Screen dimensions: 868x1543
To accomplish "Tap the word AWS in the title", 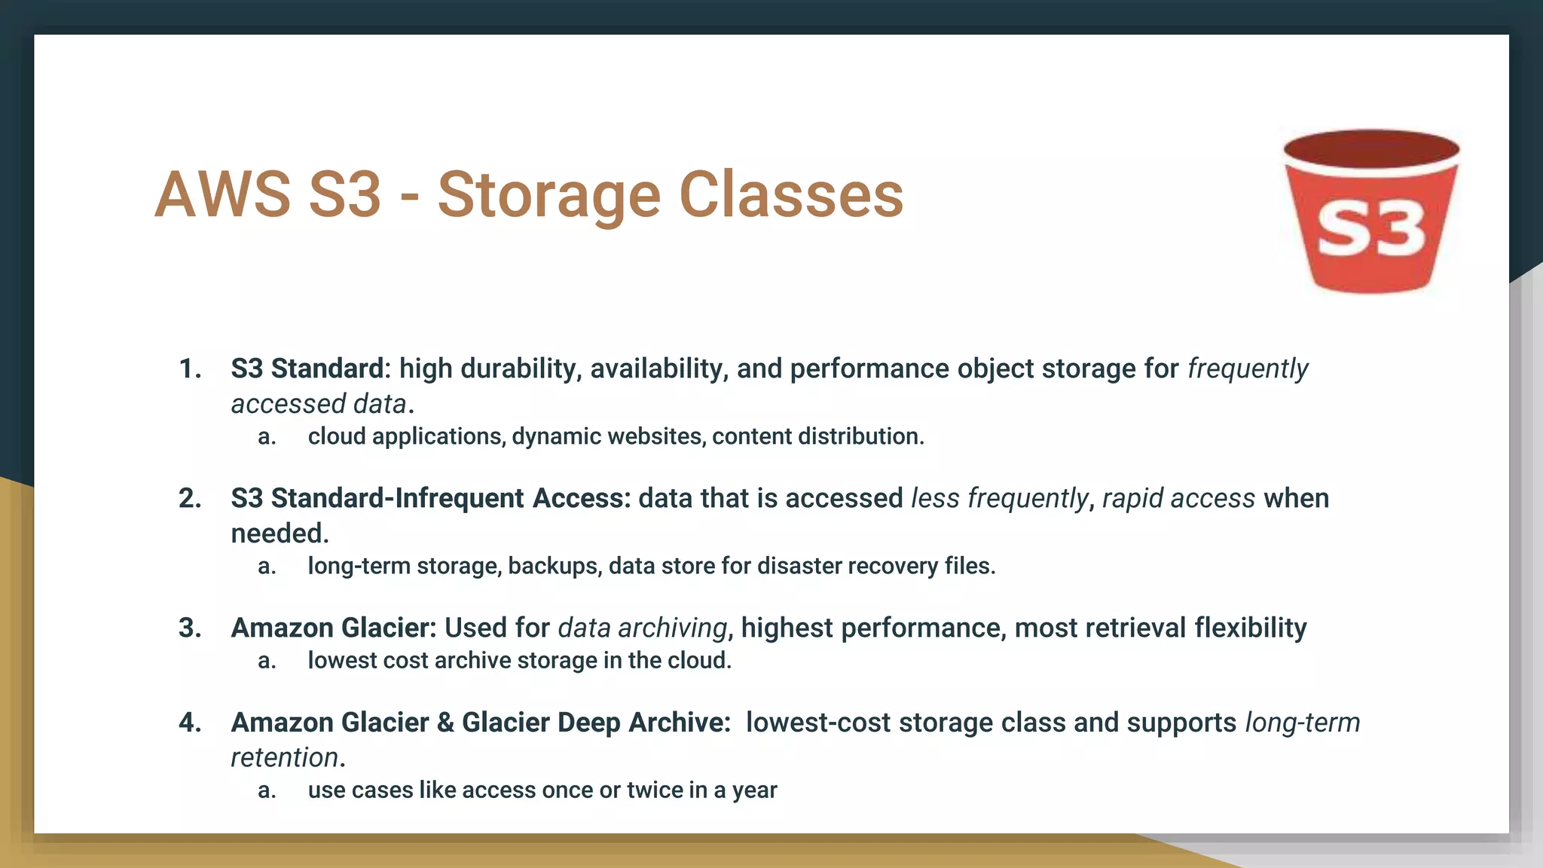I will (222, 194).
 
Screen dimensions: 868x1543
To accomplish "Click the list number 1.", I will (189, 369).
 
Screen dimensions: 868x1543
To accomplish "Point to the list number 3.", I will (189, 628).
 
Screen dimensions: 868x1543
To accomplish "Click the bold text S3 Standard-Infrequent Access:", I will (430, 499).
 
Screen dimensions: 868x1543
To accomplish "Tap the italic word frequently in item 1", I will (1248, 369).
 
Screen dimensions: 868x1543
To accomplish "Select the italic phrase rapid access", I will (1178, 499).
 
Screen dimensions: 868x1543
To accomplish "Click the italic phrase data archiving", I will (642, 628).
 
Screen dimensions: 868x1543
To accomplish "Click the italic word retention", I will (284, 758).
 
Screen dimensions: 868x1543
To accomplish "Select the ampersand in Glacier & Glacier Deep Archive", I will (445, 723).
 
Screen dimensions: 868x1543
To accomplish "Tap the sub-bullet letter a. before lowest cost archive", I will (267, 661).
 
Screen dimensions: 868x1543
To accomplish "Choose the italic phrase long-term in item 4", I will (1302, 723).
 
